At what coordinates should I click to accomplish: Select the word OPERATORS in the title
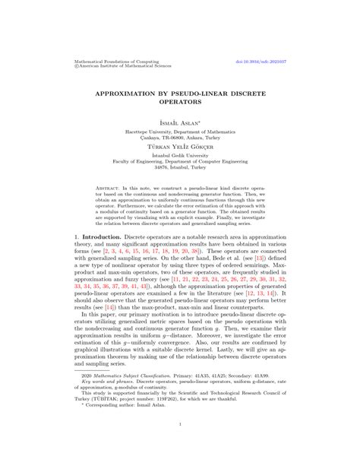180,100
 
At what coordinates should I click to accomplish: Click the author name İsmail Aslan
179,120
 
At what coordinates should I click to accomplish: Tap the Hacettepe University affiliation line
180,130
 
